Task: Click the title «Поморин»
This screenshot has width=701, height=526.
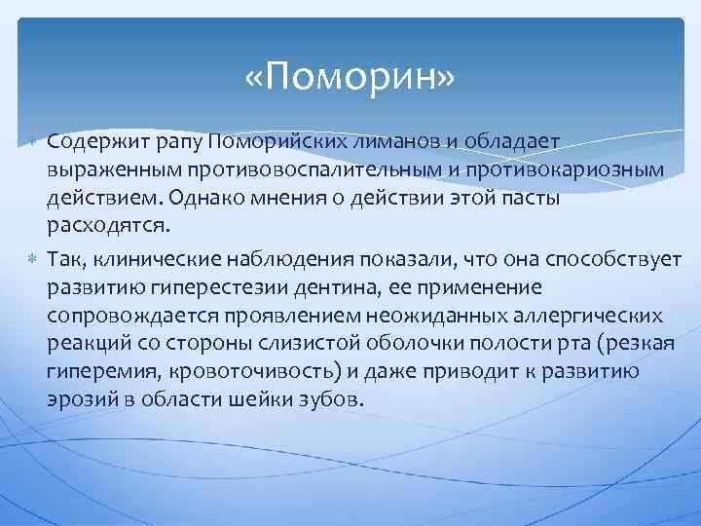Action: click(x=350, y=76)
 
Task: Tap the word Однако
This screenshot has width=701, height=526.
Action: click(x=205, y=199)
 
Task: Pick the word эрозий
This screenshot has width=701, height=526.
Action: click(x=77, y=399)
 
